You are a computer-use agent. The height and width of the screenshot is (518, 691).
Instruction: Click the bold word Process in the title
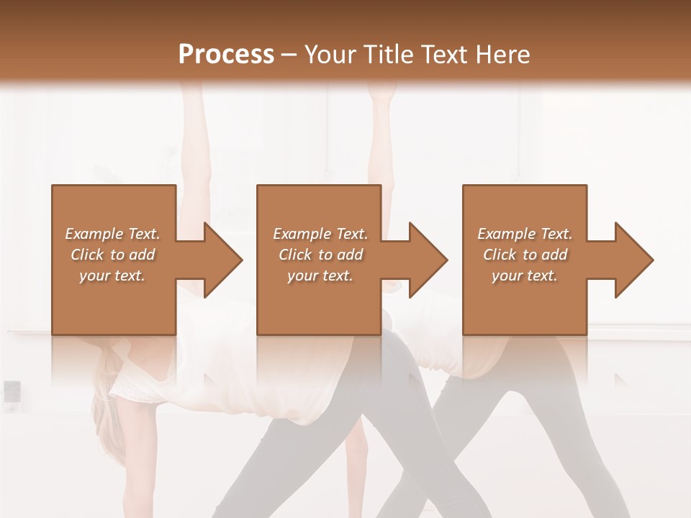226,54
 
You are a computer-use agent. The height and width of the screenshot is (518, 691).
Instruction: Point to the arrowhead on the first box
222,260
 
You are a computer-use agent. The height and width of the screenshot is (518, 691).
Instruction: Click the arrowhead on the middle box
428,260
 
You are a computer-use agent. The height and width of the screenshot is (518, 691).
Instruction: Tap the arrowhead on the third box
633,260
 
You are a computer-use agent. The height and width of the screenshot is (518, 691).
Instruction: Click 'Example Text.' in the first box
112,234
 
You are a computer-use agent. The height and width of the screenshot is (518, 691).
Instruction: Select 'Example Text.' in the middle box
320,234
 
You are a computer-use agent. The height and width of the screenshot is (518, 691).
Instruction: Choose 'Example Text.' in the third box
525,234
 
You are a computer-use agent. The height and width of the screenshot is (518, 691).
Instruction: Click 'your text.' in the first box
112,276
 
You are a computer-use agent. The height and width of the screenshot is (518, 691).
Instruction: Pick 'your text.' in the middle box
320,276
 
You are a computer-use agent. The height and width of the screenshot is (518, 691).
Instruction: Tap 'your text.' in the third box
525,276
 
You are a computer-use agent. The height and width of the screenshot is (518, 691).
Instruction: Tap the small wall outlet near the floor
12,391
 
